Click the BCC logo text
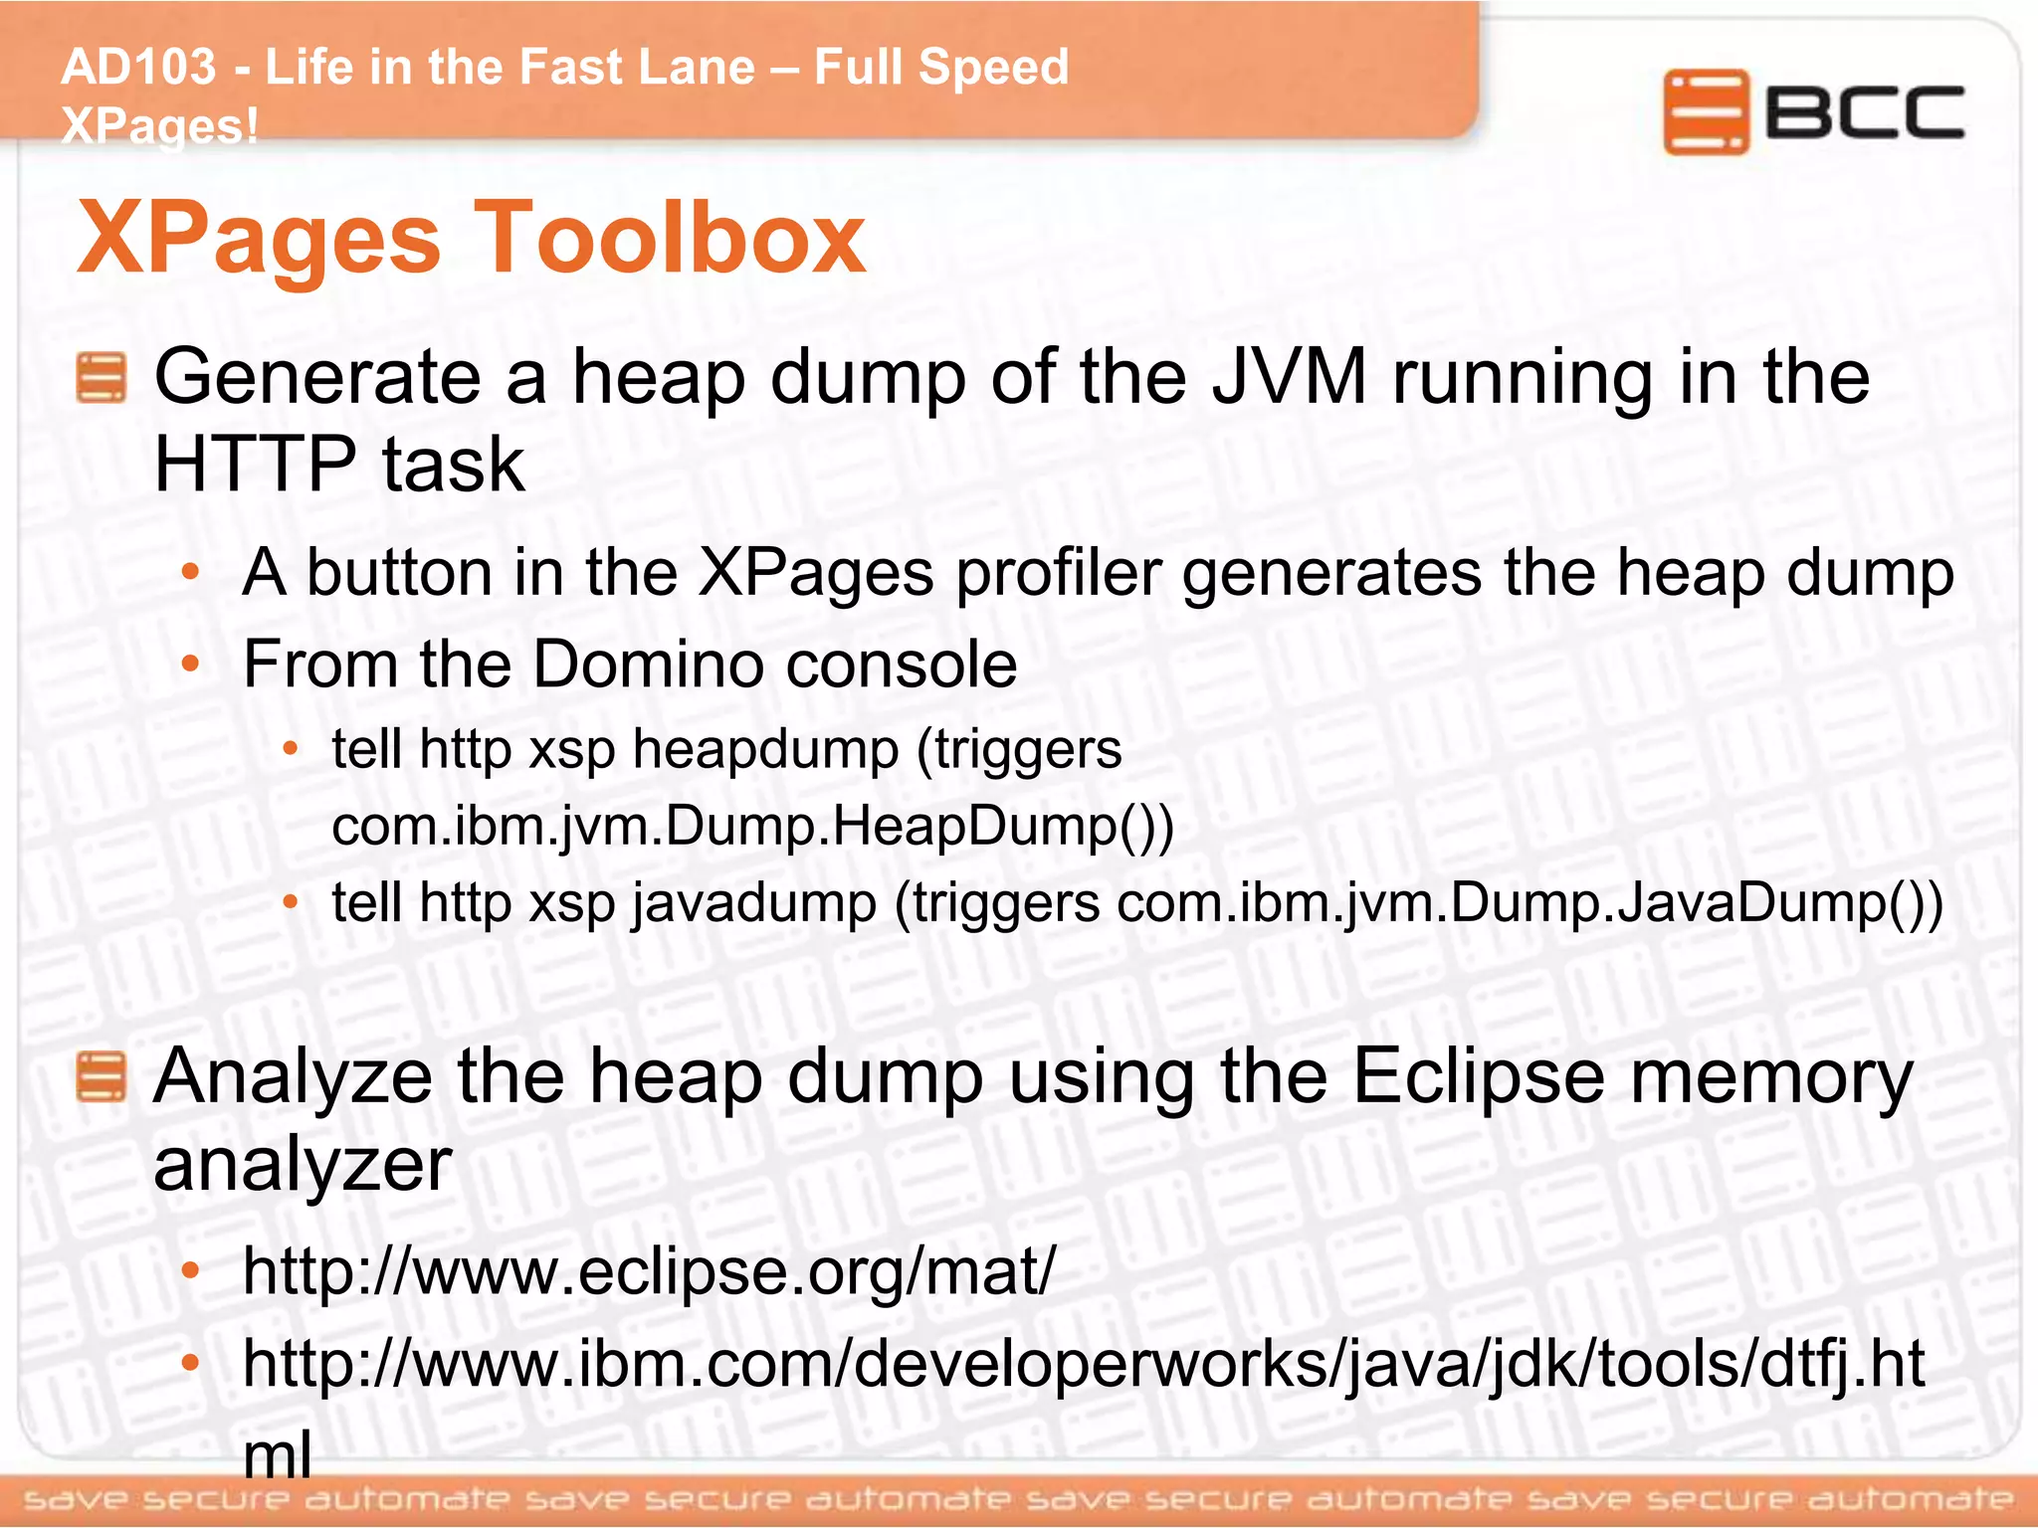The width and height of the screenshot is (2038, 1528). click(x=1865, y=111)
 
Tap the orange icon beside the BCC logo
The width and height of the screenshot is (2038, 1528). click(x=1705, y=111)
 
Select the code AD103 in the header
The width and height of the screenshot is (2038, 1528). click(x=138, y=68)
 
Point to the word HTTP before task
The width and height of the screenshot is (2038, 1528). click(x=255, y=465)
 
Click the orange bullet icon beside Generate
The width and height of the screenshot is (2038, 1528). click(x=101, y=378)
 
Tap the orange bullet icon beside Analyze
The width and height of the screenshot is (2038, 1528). click(x=101, y=1078)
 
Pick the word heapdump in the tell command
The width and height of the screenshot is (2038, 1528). click(x=765, y=749)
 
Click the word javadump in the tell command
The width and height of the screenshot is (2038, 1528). click(x=754, y=903)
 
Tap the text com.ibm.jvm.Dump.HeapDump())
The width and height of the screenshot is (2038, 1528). click(x=752, y=827)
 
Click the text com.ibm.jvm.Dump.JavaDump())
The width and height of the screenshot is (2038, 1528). click(x=1529, y=903)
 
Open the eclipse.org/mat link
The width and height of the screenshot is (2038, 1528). click(x=649, y=1271)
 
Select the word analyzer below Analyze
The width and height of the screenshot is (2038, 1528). click(x=303, y=1165)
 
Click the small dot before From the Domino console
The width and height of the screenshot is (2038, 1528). click(x=191, y=664)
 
